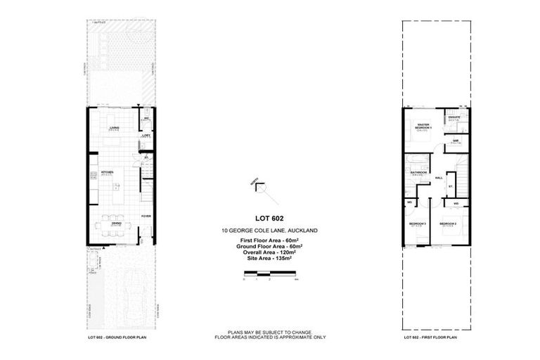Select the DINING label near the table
[116, 223]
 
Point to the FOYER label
[146, 216]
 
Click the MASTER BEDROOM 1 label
[423, 127]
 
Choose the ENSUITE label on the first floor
[454, 118]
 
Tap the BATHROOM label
[419, 172]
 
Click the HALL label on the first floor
[439, 178]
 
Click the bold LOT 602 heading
[271, 219]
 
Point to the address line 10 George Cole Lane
[271, 231]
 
